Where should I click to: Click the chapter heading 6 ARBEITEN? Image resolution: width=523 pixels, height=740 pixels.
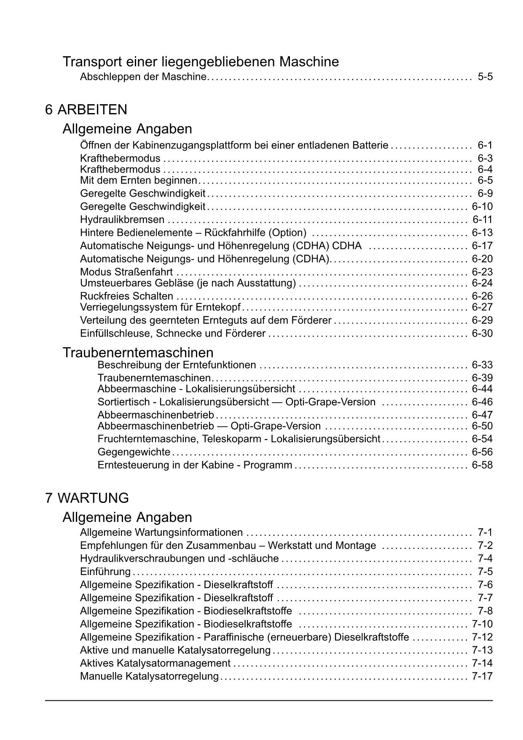(86, 110)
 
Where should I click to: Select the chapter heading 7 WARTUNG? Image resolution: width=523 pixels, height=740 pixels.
(87, 498)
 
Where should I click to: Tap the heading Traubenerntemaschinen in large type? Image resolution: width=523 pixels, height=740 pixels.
(138, 352)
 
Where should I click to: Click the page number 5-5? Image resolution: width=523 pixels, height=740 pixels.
(485, 77)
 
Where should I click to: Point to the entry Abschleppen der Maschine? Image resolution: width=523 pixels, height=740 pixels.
(143, 77)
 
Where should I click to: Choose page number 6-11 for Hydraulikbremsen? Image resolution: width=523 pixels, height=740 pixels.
(483, 219)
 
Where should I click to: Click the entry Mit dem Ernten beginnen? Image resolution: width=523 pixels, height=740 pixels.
(139, 180)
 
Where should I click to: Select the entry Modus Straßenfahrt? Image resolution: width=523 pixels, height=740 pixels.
(126, 272)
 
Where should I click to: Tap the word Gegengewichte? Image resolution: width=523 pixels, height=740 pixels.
(134, 452)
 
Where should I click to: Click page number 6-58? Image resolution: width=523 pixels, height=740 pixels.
(482, 465)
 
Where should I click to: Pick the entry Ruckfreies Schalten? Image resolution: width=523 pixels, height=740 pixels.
(126, 296)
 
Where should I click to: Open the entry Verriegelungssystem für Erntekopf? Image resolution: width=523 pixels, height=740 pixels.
(160, 307)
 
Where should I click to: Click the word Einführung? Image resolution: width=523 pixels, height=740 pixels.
(105, 572)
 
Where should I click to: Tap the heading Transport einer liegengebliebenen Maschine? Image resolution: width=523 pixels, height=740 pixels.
(201, 62)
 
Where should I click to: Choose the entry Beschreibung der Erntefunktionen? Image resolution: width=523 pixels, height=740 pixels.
(177, 365)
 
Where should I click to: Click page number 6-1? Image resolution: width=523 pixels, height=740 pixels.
(485, 145)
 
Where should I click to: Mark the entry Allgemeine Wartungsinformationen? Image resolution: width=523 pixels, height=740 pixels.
(161, 532)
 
